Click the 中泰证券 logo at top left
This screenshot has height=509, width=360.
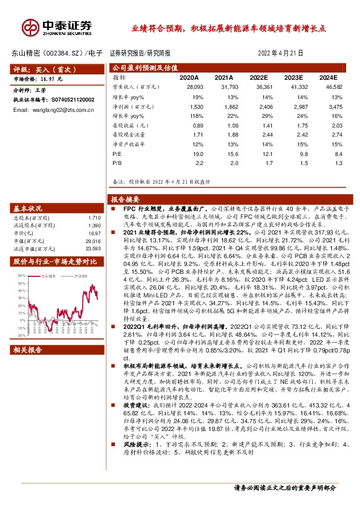point(57,26)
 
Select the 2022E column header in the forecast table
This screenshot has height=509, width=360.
point(258,78)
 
